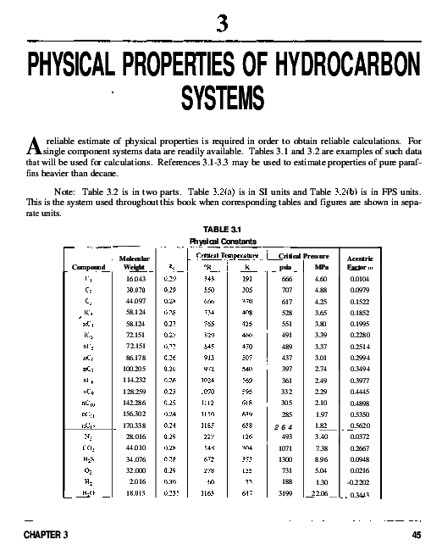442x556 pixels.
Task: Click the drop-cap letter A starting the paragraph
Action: click(x=31, y=146)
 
